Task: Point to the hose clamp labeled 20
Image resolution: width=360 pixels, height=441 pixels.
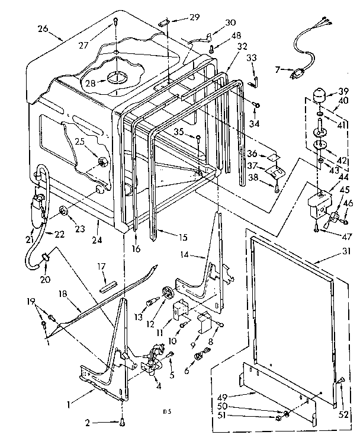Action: (45, 256)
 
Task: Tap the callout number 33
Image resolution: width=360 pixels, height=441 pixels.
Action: (251, 57)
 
